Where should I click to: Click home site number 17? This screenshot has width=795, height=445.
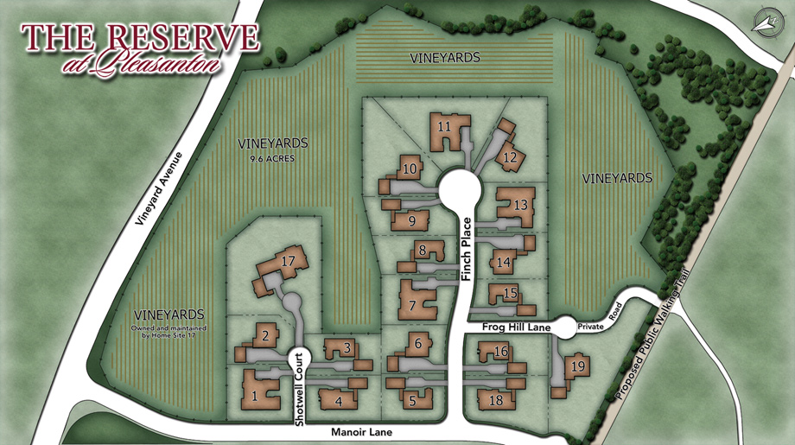tap(289, 260)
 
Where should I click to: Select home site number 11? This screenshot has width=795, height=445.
tap(445, 126)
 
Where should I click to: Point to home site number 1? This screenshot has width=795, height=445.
tap(255, 396)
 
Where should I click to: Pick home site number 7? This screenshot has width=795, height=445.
tap(412, 305)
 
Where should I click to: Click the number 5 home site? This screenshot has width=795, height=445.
tap(412, 401)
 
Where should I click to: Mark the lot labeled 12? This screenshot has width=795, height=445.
tap(510, 156)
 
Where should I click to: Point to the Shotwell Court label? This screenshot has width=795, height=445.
tap(300, 389)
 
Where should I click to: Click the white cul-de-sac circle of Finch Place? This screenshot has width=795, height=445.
tap(458, 188)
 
